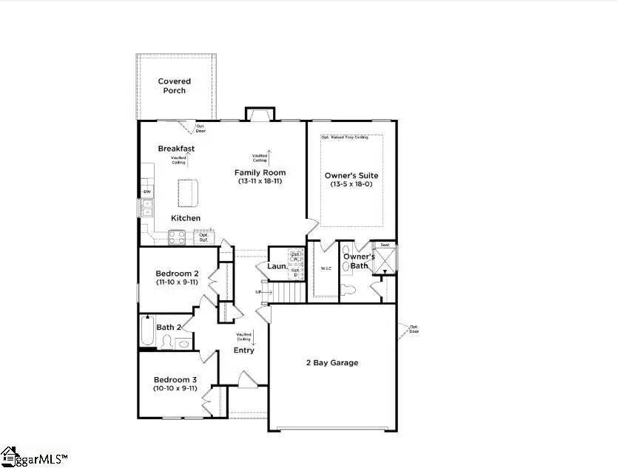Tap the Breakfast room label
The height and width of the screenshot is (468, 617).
pyautogui.click(x=176, y=149)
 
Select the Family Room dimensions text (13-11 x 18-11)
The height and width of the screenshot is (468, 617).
pyautogui.click(x=260, y=181)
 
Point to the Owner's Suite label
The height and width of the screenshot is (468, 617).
pyautogui.click(x=351, y=175)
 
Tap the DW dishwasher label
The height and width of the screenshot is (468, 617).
pyautogui.click(x=146, y=193)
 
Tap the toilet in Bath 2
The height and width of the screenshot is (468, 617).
pyautogui.click(x=167, y=342)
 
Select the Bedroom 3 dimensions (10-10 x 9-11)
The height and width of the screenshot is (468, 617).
pyautogui.click(x=175, y=387)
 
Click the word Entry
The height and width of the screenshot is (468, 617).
pyautogui.click(x=244, y=350)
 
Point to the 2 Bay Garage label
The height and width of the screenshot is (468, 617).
pyautogui.click(x=332, y=362)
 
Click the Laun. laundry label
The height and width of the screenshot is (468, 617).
pyautogui.click(x=277, y=266)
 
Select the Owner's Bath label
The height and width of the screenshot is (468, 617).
pyautogui.click(x=359, y=261)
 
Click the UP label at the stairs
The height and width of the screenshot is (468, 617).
pyautogui.click(x=260, y=292)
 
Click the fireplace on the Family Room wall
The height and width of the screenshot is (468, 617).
pyautogui.click(x=260, y=113)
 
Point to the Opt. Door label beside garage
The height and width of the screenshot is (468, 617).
pyautogui.click(x=414, y=329)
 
